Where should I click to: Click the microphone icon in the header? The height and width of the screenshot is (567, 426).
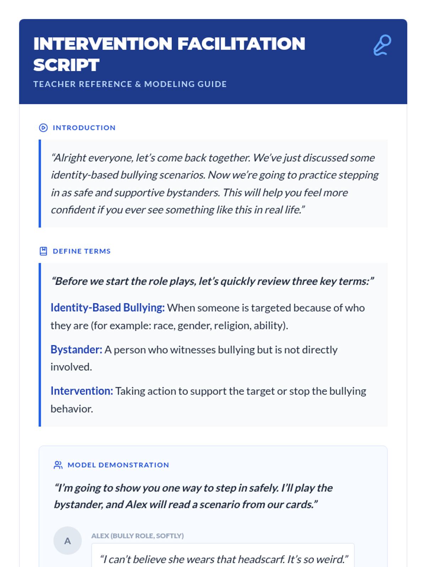click(x=382, y=45)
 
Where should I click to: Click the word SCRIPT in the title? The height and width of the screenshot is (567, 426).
click(x=66, y=65)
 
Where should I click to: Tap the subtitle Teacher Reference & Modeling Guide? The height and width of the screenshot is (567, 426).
click(x=130, y=84)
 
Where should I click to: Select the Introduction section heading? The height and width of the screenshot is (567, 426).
click(x=84, y=128)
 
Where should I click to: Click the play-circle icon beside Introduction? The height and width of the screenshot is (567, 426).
click(x=43, y=128)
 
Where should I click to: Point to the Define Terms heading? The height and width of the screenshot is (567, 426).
click(x=82, y=251)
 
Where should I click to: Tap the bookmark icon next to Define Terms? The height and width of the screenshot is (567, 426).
click(x=43, y=251)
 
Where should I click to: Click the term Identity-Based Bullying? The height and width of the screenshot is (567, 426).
click(x=107, y=308)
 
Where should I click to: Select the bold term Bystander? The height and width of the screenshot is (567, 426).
click(x=76, y=350)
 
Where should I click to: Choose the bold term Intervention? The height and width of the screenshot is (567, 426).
click(x=82, y=391)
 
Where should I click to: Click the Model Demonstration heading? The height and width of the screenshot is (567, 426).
click(x=118, y=465)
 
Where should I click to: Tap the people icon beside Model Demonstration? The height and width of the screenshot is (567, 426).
click(x=58, y=465)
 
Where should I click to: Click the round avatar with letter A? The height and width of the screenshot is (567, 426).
click(x=67, y=541)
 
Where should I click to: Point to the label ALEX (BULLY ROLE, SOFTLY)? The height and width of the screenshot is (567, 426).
click(x=137, y=536)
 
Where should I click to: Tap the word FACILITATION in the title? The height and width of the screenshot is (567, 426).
click(x=241, y=44)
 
